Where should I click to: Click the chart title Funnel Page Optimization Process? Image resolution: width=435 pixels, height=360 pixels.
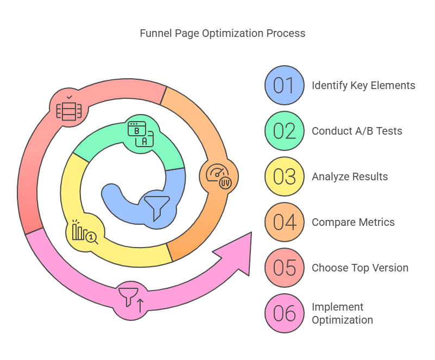(x=223, y=33)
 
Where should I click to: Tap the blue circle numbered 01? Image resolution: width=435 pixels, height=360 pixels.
(x=284, y=85)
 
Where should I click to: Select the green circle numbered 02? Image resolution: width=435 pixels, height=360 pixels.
(x=284, y=131)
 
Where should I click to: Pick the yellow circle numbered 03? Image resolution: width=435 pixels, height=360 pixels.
(x=284, y=176)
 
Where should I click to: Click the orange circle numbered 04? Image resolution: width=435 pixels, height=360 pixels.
(x=284, y=222)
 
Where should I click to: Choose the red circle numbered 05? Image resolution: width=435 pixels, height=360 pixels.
(x=284, y=268)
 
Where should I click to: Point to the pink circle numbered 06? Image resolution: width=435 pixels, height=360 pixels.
(x=284, y=313)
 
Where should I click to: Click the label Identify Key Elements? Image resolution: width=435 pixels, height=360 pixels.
(x=363, y=85)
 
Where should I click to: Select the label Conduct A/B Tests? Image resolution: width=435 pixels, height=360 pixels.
(x=357, y=131)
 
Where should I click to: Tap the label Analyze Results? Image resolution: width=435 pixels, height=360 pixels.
(x=350, y=176)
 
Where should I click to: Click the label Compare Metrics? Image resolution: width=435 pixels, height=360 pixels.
(x=353, y=222)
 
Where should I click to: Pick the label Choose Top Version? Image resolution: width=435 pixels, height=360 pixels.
(x=360, y=268)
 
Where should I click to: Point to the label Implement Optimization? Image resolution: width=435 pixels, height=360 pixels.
(x=342, y=313)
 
